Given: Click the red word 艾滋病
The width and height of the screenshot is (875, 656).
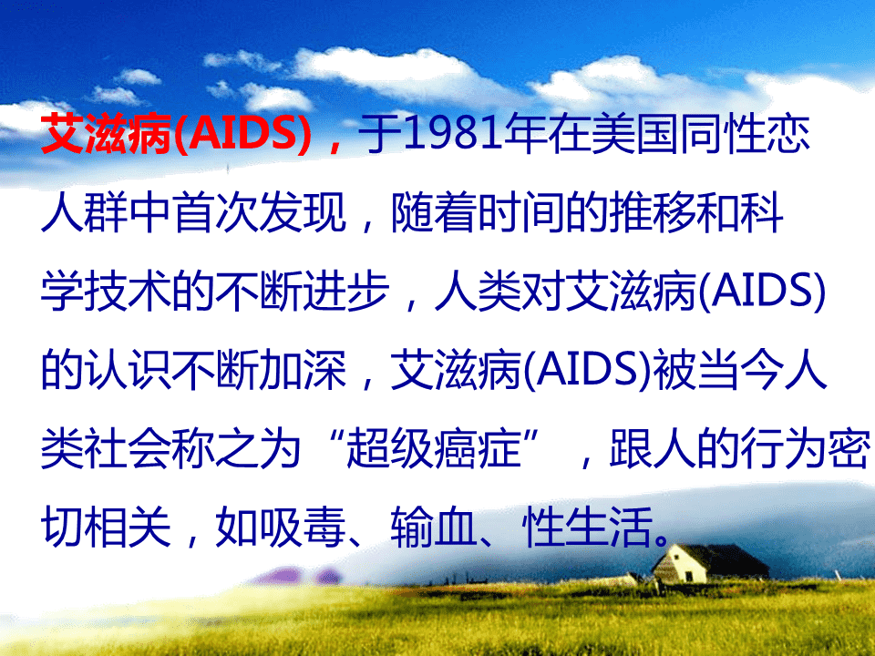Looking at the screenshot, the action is click(106, 134).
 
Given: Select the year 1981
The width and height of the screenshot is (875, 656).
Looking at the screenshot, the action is click(453, 134).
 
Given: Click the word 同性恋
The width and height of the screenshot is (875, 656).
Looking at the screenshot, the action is click(745, 134).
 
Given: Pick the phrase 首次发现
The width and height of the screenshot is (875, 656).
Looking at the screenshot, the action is click(260, 212).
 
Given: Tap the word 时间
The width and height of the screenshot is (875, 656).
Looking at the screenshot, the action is click(520, 212).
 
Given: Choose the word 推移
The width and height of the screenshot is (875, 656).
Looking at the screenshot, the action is click(652, 212).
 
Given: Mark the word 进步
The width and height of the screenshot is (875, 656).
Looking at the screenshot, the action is click(346, 291).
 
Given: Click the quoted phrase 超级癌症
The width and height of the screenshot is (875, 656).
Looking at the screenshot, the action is click(434, 448).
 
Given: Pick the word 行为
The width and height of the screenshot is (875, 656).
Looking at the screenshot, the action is click(783, 448).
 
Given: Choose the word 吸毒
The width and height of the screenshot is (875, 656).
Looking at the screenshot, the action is click(303, 527).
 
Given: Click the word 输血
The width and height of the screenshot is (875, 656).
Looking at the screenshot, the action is click(434, 527).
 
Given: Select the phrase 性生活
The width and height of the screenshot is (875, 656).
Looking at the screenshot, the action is click(587, 527).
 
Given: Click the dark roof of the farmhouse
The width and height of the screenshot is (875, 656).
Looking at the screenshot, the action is click(726, 559).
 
